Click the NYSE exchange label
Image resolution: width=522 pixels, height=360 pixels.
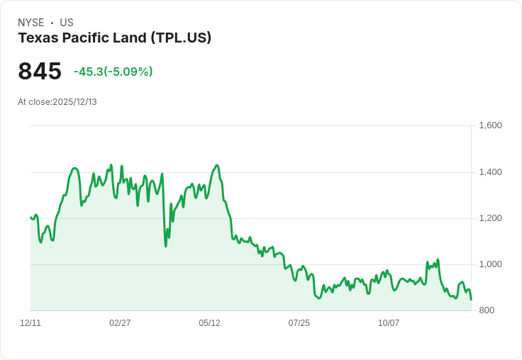pos(30,23)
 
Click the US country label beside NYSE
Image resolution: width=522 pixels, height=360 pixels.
pos(67,23)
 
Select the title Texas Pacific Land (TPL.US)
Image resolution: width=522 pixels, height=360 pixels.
pos(114,38)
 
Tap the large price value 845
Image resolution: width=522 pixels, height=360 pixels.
pos(40,72)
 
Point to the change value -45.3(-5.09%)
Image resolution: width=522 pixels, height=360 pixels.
pos(113,72)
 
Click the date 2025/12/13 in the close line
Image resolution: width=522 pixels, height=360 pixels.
pos(74,102)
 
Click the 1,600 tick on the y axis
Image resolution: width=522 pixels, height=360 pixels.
pos(491,125)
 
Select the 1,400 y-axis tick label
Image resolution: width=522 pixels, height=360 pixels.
pos(491,172)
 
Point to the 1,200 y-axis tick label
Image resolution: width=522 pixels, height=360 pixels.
pos(491,218)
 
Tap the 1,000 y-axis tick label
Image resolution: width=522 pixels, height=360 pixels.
pos(491,264)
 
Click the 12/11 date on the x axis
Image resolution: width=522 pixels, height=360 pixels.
pos(30,323)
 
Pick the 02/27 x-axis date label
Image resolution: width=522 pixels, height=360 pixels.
pos(120,323)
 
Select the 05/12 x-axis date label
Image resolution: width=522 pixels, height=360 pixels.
pos(209,323)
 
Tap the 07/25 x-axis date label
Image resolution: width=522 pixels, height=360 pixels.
pos(299,323)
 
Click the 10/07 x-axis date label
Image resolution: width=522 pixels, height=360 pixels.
pos(389,323)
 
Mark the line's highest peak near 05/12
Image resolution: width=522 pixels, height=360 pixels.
pos(217,165)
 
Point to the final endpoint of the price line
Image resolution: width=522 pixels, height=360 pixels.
pos(471,300)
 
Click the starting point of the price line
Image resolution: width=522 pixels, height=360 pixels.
pos(30,217)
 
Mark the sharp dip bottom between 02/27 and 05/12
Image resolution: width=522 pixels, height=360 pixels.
pos(166,246)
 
